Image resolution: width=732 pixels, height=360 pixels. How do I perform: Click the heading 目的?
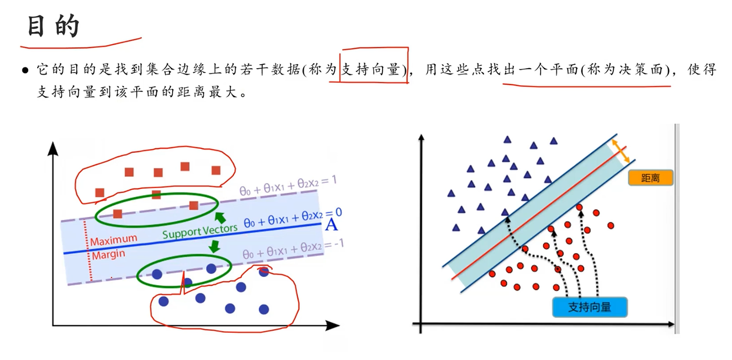coord(53,26)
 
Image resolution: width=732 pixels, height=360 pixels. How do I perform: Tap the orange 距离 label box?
coord(650,178)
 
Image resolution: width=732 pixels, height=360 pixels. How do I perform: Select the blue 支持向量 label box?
coord(589,307)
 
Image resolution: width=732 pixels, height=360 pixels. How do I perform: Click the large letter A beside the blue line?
coord(331,225)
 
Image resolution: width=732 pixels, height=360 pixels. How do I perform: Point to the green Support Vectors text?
coord(200,231)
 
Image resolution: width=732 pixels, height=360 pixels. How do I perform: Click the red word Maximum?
coord(113,240)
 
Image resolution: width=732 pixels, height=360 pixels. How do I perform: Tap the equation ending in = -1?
coord(293,249)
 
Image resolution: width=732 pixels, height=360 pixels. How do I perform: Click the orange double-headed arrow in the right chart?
coord(621,152)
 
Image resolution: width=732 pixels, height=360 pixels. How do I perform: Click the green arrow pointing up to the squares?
coord(220,217)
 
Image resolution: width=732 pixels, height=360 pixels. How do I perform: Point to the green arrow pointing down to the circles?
coord(214,247)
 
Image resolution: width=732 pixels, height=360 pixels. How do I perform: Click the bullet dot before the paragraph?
coord(25,70)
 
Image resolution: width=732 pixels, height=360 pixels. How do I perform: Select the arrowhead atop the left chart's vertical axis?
coord(53,149)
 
